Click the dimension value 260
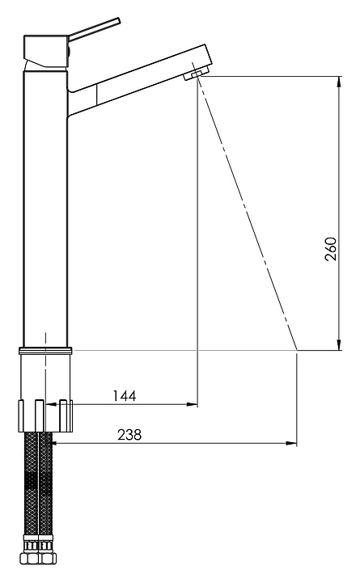pyautogui.click(x=330, y=249)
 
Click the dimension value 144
pyautogui.click(x=125, y=395)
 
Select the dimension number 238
pyautogui.click(x=129, y=434)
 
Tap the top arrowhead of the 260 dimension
pyautogui.click(x=339, y=82)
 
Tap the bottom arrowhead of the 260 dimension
pyautogui.click(x=339, y=345)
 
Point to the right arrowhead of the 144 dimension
pyautogui.click(x=192, y=404)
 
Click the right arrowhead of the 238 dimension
pyautogui.click(x=291, y=443)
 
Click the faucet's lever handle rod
pyautogui.click(x=95, y=29)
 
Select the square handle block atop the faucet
pyautogui.click(x=46, y=51)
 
